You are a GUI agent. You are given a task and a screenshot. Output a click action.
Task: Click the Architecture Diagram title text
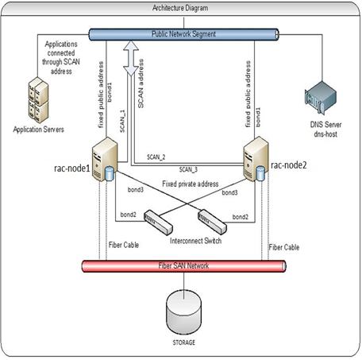180,7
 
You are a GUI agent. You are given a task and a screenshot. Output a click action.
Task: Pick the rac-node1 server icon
105,158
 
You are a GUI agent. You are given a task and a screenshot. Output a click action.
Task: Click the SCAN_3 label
189,169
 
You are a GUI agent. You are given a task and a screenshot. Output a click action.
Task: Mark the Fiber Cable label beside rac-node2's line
285,246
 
